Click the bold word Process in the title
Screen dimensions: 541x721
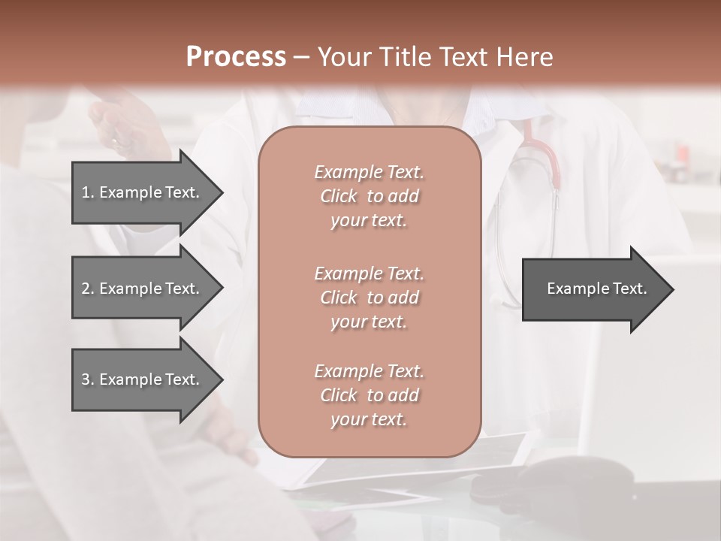[x=236, y=57]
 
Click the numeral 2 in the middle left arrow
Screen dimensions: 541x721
[x=85, y=289]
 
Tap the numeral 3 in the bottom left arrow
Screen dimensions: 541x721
[x=85, y=379]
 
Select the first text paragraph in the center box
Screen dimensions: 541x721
[x=369, y=196]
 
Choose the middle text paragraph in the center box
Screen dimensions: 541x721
[x=369, y=298]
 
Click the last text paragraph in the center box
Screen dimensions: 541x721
[x=369, y=395]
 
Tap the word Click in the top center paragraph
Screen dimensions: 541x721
[x=339, y=196]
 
